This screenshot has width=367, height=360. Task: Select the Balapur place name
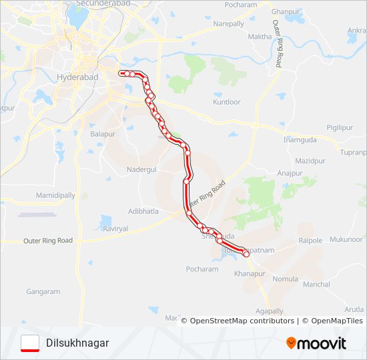103,134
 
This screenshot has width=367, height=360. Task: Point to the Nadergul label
141,169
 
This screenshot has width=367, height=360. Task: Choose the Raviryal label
115,228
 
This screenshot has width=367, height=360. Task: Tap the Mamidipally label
55,195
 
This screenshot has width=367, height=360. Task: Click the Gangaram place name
43,291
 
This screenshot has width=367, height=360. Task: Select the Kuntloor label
226,102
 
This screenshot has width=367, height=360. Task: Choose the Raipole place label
311,240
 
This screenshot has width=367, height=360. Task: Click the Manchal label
316,284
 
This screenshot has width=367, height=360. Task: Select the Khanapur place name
250,273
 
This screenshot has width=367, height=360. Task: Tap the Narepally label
228,23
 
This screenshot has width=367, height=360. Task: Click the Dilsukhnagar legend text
77,343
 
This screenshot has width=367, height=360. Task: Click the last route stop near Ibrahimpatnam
246,253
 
